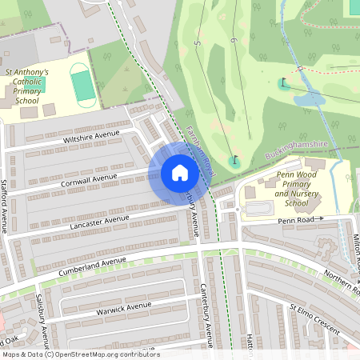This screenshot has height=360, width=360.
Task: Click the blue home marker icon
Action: click(179, 173)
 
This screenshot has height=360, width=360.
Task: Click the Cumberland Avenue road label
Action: click(93, 264)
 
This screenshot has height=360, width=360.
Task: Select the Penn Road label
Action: click(296, 218)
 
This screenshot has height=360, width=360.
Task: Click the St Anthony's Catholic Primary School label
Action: click(28, 86)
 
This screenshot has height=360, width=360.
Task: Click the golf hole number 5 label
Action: click(198, 42)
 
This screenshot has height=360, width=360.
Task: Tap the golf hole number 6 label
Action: click(233, 41)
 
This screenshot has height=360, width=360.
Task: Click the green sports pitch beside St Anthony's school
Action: click(82, 84)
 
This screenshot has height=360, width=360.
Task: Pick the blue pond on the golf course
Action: click(308, 98)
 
